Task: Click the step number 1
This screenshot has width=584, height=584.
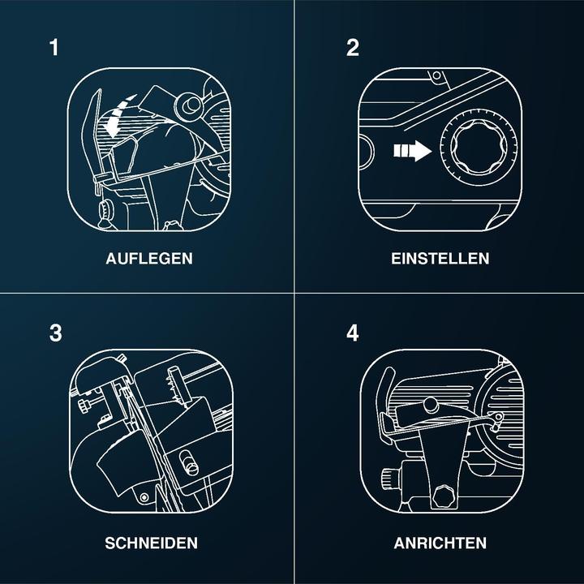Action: (54, 48)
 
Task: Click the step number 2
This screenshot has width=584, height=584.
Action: (352, 48)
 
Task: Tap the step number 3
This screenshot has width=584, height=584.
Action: (55, 333)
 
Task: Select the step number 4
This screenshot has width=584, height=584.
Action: (352, 333)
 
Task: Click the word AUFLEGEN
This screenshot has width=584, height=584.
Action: (149, 259)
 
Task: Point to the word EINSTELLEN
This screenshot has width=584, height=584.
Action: (440, 259)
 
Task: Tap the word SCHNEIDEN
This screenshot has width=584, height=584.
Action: (151, 543)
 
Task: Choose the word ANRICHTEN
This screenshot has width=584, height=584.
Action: (440, 543)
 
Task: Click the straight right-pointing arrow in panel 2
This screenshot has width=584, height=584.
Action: (413, 151)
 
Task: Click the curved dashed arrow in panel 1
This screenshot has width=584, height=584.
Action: (118, 114)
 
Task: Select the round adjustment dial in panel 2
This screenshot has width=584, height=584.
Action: (479, 147)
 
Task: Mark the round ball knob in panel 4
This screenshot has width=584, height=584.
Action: (431, 406)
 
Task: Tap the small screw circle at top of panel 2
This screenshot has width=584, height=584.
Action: (437, 75)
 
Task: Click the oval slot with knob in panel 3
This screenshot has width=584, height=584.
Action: (189, 463)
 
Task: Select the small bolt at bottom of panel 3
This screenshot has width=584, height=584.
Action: (144, 497)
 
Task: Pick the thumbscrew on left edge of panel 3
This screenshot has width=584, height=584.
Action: (84, 405)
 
